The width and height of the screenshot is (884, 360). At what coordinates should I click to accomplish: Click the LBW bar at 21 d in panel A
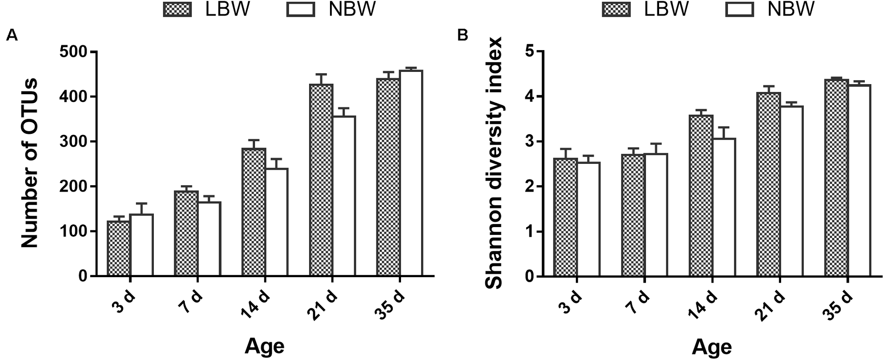point(321,180)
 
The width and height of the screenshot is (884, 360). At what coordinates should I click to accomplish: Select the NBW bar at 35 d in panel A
point(411,173)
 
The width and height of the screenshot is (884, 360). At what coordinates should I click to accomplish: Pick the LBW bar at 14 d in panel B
point(701,196)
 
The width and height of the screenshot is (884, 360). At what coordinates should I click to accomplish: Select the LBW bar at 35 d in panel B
point(836,178)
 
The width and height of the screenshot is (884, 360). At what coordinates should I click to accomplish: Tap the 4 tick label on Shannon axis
point(528,96)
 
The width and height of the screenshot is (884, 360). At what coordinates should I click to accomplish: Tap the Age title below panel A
point(264,346)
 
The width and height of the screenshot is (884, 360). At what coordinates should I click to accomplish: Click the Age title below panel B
point(711,347)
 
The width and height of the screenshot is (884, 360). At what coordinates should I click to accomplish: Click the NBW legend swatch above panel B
point(739,10)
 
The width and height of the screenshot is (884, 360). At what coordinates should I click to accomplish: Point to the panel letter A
point(12,35)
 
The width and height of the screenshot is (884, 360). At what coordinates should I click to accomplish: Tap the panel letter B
point(462,35)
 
